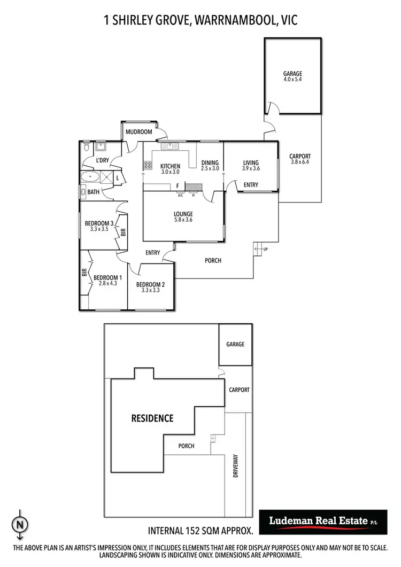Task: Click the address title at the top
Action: point(200,20)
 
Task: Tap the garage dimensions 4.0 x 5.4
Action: point(292,80)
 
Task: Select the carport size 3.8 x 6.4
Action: point(299,162)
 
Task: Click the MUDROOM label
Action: point(138,131)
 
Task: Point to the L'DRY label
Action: point(102,160)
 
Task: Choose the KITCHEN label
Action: point(170,166)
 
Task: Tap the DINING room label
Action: point(210,163)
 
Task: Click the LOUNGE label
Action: point(183,214)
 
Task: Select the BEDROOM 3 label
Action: point(99,223)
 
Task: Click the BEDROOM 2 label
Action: point(150,284)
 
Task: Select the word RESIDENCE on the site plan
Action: point(152,418)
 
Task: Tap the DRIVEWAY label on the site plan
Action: point(236,465)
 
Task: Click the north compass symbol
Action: point(20,524)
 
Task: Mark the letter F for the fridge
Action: point(177,186)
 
